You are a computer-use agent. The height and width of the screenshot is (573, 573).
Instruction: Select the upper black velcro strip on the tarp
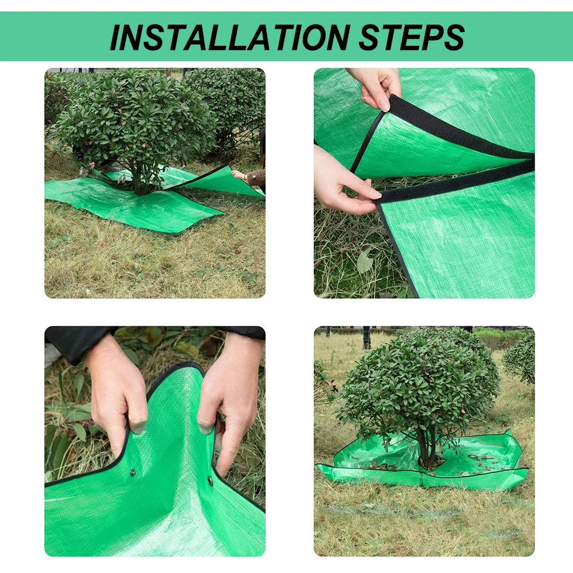pyautogui.click(x=458, y=132)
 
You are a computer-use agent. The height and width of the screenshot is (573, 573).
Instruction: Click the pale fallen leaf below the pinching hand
pyautogui.click(x=365, y=262)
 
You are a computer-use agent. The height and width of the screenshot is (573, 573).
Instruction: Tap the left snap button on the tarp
pyautogui.click(x=133, y=472)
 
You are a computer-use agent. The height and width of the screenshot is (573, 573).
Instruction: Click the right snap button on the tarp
pyautogui.click(x=210, y=480)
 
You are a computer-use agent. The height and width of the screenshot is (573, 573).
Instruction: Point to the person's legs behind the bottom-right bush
pyautogui.click(x=366, y=338)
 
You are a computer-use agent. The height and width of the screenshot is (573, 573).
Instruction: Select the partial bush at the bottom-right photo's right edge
pyautogui.click(x=521, y=358)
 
